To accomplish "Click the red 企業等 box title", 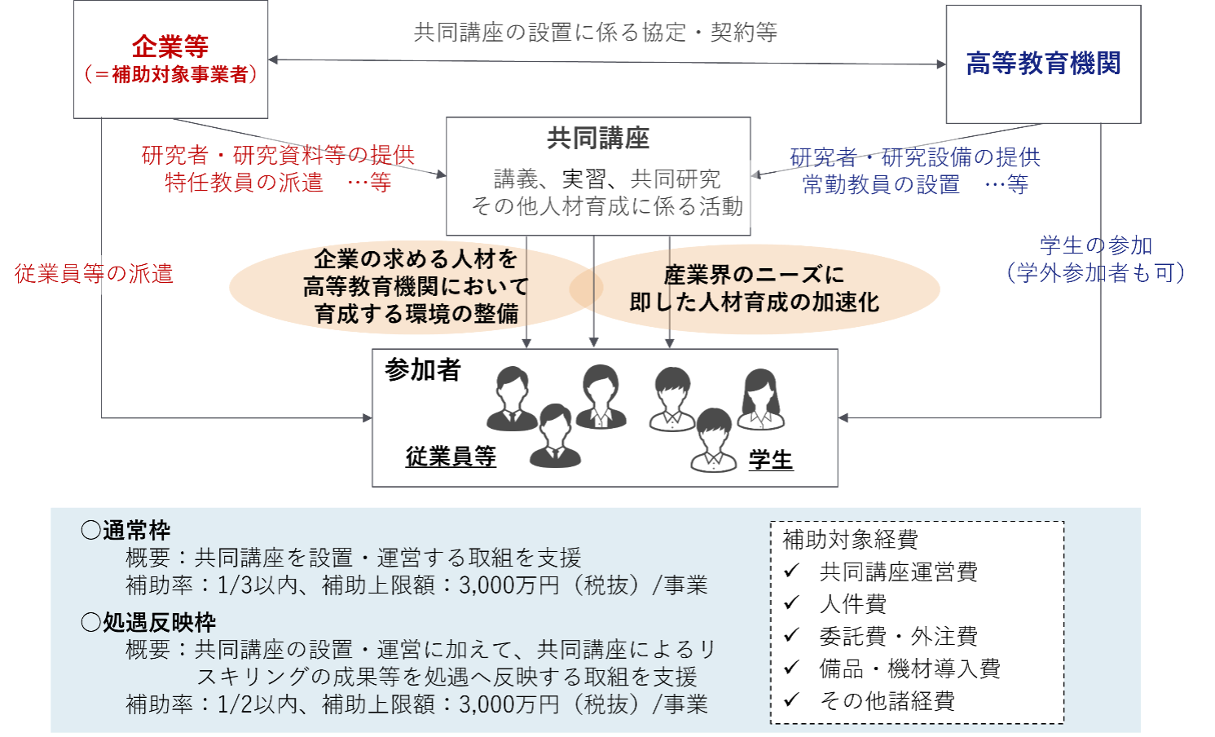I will [171, 46].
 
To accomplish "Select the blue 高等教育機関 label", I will [1043, 64].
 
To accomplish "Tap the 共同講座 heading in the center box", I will [598, 139].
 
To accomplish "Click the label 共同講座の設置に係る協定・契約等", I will [596, 33].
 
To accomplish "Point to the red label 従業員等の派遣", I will [94, 274].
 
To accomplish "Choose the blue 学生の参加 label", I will [1095, 245].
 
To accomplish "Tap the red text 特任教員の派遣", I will [244, 183].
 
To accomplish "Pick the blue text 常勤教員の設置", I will [881, 185].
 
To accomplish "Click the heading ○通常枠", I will [125, 531].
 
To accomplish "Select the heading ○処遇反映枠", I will [148, 623].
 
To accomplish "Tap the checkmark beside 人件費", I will [791, 603].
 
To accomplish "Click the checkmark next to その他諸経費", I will [791, 700].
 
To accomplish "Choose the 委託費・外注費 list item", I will [898, 636].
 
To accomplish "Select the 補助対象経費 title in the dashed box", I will [850, 540].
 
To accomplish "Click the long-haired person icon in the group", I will [761, 400].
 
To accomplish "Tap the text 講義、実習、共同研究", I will [607, 179].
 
